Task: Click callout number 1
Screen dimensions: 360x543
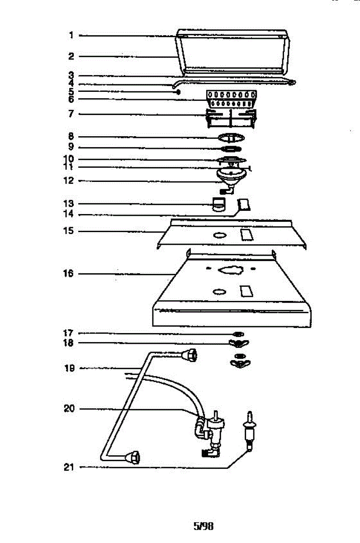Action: [71, 35]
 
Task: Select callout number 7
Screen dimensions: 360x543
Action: [71, 114]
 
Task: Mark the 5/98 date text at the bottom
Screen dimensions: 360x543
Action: [203, 526]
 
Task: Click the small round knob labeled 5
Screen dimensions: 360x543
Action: [179, 91]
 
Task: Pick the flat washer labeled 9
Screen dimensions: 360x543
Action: [231, 148]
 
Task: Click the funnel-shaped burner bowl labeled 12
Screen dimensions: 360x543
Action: [231, 175]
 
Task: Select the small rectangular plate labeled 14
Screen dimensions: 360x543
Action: [244, 205]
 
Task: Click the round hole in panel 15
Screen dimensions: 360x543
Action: [219, 235]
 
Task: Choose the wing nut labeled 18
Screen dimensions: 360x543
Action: [239, 343]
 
